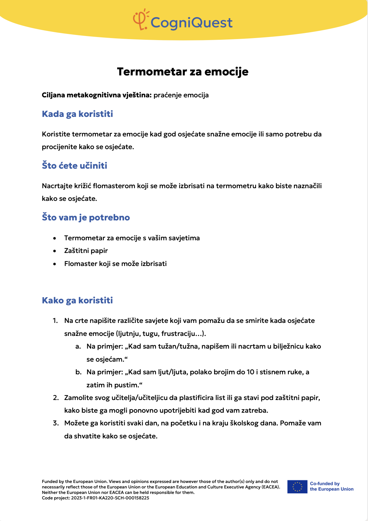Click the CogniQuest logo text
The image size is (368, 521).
(192, 23)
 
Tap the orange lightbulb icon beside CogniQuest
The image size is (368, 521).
(140, 20)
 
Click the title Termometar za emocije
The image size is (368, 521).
(183, 72)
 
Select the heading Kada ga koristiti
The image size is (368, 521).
(77, 114)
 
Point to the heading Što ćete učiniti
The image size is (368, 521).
(74, 166)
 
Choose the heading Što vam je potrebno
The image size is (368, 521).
(86, 217)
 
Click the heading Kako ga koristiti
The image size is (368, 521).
(77, 300)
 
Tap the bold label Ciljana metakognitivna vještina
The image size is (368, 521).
(97, 95)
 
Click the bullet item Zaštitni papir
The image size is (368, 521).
(86, 251)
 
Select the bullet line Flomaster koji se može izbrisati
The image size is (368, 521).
(115, 264)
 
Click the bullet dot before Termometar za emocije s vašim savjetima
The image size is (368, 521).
(54, 238)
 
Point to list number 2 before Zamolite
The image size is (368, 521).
(56, 398)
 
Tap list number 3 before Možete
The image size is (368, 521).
(56, 423)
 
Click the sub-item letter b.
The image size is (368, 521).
(78, 372)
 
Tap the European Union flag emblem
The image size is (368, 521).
(297, 487)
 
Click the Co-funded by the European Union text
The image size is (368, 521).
(331, 486)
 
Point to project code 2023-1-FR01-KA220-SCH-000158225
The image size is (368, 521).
(110, 498)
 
